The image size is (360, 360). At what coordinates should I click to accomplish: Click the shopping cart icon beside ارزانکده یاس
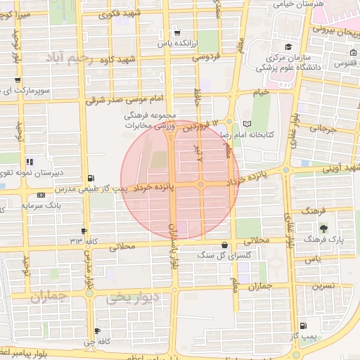pos(176,32)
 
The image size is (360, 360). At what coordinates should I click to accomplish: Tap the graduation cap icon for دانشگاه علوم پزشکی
pos(288,46)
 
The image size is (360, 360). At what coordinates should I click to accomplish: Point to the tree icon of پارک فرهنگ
pos(323,228)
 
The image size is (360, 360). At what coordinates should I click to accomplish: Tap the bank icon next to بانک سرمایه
pos(39,195)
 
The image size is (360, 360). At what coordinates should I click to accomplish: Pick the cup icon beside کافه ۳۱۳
pos(84,231)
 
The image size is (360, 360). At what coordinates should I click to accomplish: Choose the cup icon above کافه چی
pos(96,331)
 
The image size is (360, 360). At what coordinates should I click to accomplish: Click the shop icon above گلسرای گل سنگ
pos(224,245)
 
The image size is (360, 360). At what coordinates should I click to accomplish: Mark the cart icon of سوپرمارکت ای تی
pos(18,81)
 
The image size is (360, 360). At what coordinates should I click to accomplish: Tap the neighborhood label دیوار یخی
pos(133,298)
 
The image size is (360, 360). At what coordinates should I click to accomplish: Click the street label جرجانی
pos(323,130)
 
